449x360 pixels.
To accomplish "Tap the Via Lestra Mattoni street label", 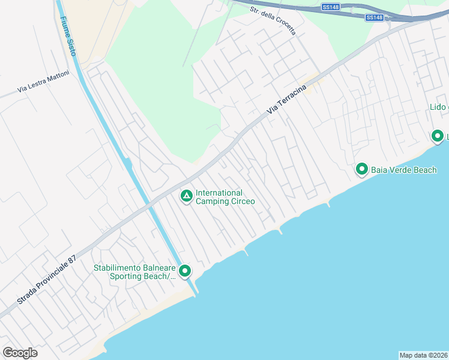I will coord(43,82).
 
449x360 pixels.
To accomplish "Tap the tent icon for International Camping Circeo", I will coord(187,196).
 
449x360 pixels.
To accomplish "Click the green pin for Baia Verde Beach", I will coord(362,170).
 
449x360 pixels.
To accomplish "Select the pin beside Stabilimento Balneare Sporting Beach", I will coord(185,271).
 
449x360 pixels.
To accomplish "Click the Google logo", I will coord(20,352).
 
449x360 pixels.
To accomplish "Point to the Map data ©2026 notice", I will coord(424,355).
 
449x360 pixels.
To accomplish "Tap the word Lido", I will coord(438,107).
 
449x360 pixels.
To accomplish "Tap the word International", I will coord(219,193).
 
